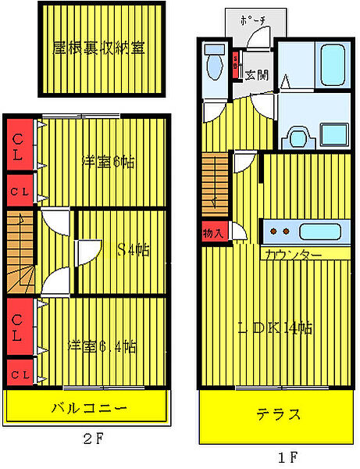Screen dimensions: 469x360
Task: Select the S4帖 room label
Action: pyautogui.click(x=134, y=250)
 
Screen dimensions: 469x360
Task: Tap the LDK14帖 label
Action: pyautogui.click(x=275, y=328)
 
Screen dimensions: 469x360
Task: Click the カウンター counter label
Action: pyautogui.click(x=293, y=255)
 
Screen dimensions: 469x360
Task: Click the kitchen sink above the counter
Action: pyautogui.click(x=320, y=231)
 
